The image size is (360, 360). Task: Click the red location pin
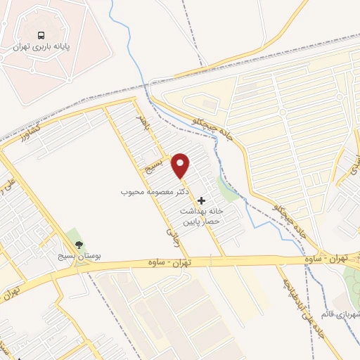point(181,165)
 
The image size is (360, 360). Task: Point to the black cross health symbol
point(202,200)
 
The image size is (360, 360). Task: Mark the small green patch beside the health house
point(227,188)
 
